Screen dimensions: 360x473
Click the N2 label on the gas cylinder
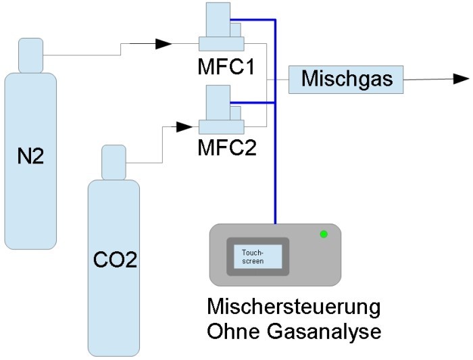(30, 156)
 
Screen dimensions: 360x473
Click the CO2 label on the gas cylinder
(115, 260)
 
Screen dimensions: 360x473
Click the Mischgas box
(346, 79)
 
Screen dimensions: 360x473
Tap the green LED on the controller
(324, 234)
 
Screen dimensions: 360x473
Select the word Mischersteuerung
(293, 309)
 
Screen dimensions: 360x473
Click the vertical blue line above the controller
(276, 169)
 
